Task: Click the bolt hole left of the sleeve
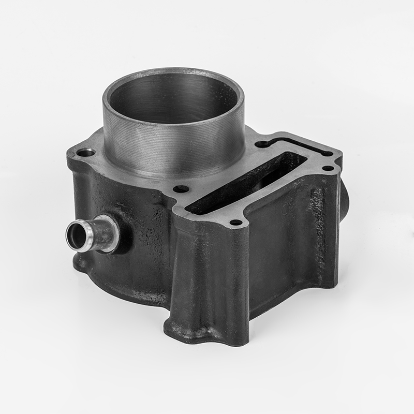[x=85, y=153]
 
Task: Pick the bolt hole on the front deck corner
[x=236, y=223]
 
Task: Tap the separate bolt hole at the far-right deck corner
[x=328, y=168]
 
